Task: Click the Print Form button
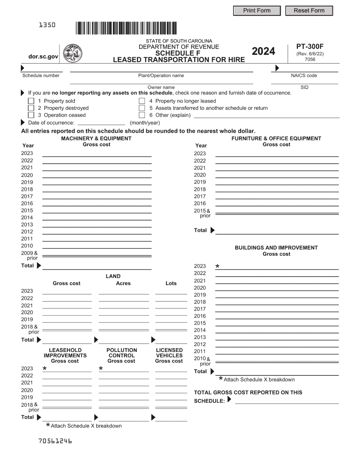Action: click(257, 11)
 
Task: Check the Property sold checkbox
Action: click(31, 101)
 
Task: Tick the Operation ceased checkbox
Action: click(31, 115)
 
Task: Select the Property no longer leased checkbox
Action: click(142, 101)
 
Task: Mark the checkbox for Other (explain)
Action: click(142, 115)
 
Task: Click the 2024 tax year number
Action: click(263, 51)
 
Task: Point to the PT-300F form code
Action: click(310, 47)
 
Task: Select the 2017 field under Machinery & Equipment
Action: click(97, 197)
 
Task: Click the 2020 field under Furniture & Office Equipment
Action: click(277, 175)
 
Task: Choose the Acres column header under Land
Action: click(123, 283)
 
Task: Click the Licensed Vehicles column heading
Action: click(169, 355)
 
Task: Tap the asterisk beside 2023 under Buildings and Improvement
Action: click(218, 266)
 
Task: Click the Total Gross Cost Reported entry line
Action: click(287, 401)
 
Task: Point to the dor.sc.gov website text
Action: click(43, 56)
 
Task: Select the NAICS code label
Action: click(304, 75)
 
